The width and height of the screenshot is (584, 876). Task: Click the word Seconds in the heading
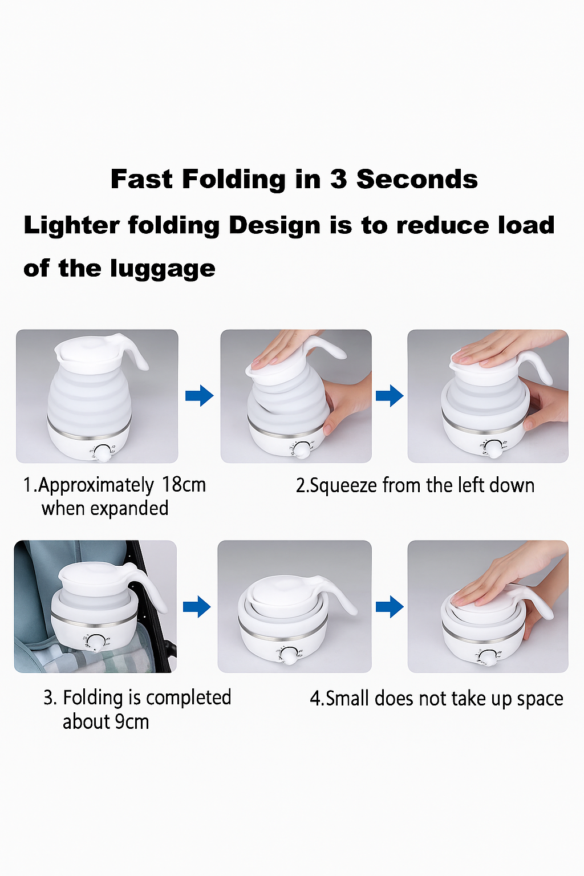click(417, 179)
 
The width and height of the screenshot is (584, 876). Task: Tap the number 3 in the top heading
click(338, 179)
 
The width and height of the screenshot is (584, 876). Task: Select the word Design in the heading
click(274, 226)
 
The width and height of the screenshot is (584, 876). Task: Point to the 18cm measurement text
click(184, 485)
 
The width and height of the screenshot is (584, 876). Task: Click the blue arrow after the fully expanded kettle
click(200, 396)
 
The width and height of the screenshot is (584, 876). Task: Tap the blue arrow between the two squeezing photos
click(390, 396)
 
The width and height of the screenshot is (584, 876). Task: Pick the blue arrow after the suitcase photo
click(197, 607)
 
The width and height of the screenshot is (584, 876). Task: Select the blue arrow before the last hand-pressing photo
click(390, 607)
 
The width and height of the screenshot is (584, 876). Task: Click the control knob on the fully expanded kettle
click(103, 453)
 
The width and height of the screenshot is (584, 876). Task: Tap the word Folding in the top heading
click(234, 180)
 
